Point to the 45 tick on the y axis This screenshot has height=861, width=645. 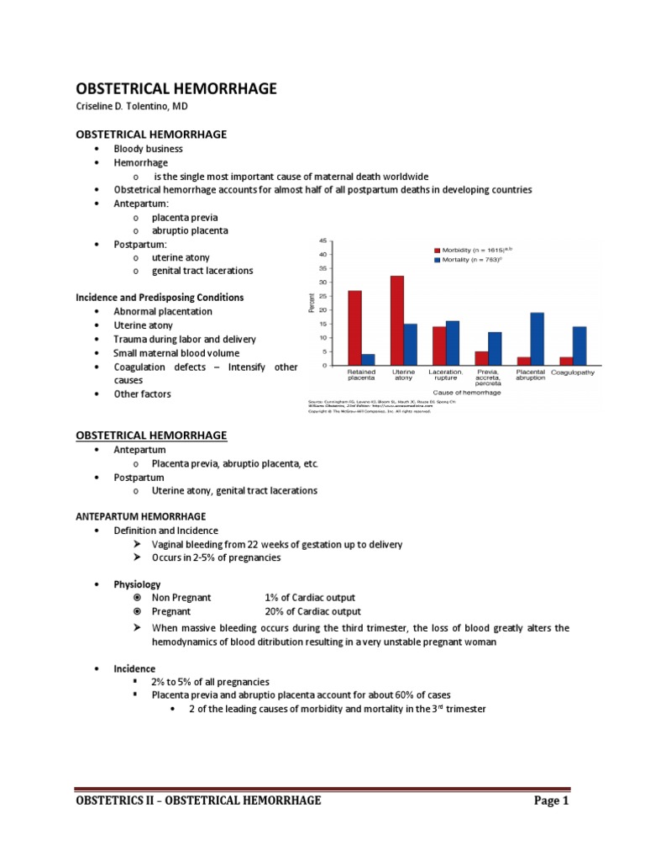coord(322,242)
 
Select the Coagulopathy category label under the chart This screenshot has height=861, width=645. coord(579,372)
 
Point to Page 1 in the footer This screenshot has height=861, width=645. coord(552,800)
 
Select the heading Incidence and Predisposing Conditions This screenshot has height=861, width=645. coord(160,298)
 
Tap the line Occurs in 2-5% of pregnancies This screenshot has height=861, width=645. coord(216,557)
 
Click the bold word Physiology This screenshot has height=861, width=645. coord(137,584)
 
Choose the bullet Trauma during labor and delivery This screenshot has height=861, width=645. coord(185,339)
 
